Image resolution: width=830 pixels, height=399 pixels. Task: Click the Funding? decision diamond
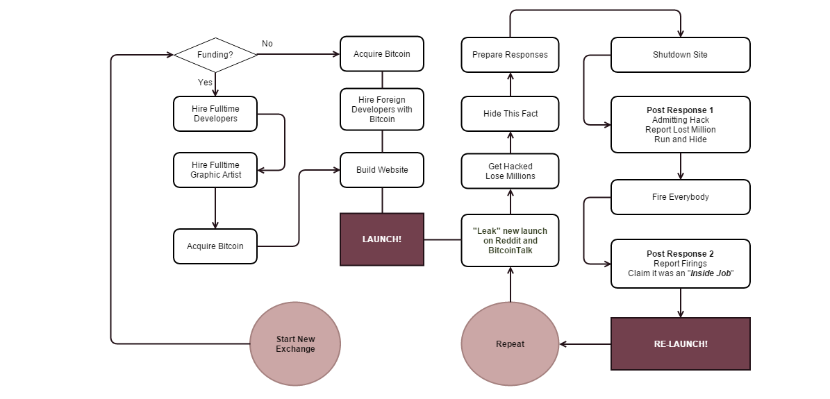pyautogui.click(x=215, y=55)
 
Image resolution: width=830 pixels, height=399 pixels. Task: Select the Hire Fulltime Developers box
pyautogui.click(x=215, y=114)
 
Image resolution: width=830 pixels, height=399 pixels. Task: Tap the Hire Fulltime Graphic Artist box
pyautogui.click(x=215, y=170)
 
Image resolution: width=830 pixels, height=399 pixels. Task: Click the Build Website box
pyautogui.click(x=382, y=170)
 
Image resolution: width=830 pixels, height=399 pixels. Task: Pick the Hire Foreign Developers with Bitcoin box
pyautogui.click(x=382, y=110)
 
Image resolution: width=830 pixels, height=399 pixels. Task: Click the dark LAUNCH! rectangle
pyautogui.click(x=382, y=239)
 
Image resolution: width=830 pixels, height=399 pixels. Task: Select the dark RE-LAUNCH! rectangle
pyautogui.click(x=681, y=343)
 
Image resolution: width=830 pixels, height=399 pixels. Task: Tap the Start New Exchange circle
pyautogui.click(x=295, y=344)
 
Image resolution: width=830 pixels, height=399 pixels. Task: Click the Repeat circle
pyautogui.click(x=511, y=344)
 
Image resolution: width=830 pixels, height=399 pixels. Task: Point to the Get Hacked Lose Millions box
pyautogui.click(x=511, y=171)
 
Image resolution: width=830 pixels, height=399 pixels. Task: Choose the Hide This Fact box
pyautogui.click(x=511, y=114)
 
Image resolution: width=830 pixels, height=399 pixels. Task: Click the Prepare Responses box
pyautogui.click(x=511, y=55)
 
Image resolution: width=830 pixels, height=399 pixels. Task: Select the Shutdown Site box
pyautogui.click(x=681, y=55)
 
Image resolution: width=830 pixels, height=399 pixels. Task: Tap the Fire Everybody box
pyautogui.click(x=681, y=197)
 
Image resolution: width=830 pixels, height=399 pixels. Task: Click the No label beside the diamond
pyautogui.click(x=267, y=44)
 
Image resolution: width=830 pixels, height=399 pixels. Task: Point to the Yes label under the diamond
pyautogui.click(x=206, y=83)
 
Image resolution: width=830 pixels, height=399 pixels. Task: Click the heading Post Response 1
pyautogui.click(x=680, y=110)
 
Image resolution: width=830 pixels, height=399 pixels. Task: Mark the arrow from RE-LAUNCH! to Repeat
pyautogui.click(x=585, y=344)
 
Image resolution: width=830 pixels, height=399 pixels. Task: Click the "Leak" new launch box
pyautogui.click(x=511, y=240)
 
